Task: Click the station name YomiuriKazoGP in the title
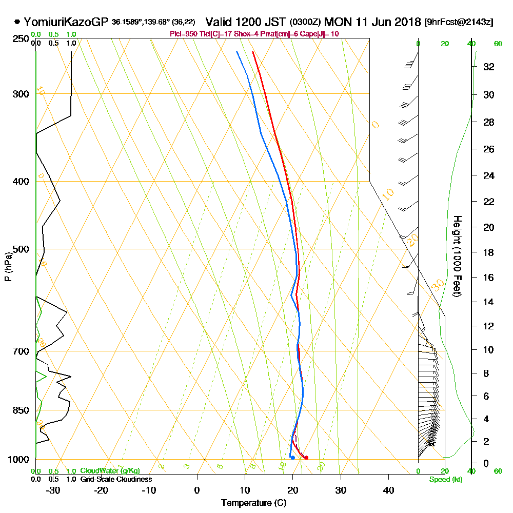tap(64, 22)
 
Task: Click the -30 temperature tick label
tap(53, 490)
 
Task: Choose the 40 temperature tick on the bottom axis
tap(388, 490)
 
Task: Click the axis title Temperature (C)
tap(253, 503)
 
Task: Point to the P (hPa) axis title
tap(8, 266)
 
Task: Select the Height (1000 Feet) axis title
tap(457, 256)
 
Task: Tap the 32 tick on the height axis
tap(489, 67)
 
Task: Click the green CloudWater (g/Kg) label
tap(110, 471)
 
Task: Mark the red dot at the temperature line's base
tap(306, 458)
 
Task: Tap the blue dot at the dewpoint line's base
tap(292, 458)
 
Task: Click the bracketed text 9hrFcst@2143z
tap(459, 23)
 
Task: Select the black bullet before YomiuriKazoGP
tap(17, 22)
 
